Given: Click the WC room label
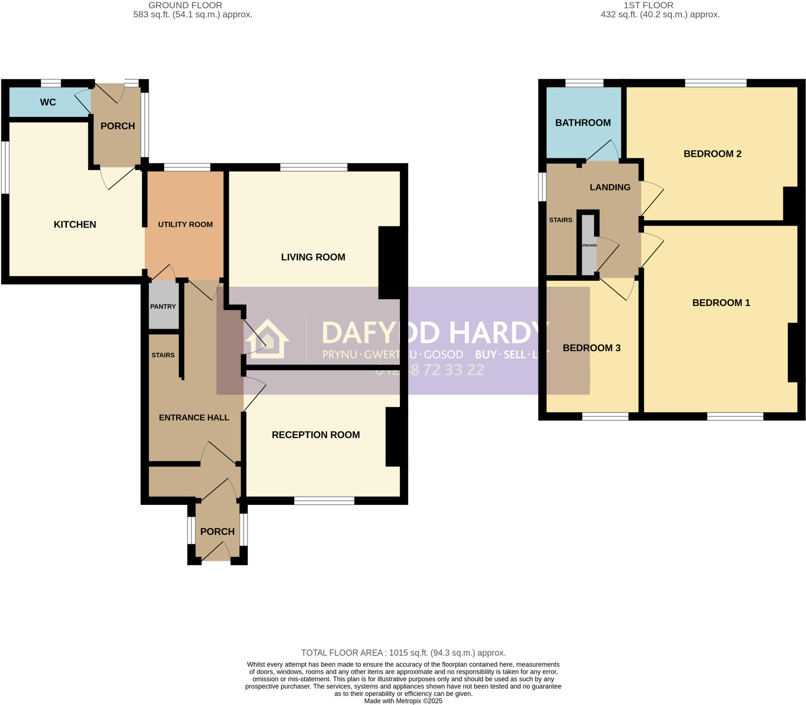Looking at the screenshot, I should (x=48, y=102).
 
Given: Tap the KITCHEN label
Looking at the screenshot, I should (x=75, y=224).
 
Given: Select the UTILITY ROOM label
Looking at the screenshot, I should (x=185, y=224).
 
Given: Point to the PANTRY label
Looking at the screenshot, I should (x=163, y=306).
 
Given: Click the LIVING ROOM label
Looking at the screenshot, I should (x=313, y=257).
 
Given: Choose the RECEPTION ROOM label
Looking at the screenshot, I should (x=316, y=435).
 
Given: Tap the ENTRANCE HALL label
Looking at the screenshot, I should (x=194, y=417).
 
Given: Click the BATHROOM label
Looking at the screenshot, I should (x=583, y=123).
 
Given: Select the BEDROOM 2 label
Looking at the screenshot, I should (x=712, y=154).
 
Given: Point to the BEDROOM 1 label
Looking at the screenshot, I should (x=721, y=303).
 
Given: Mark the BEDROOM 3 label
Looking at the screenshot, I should (x=592, y=348).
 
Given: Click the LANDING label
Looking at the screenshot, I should (x=610, y=187).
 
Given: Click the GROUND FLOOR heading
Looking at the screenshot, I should (x=185, y=6).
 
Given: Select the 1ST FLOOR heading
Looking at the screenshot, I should (x=648, y=6).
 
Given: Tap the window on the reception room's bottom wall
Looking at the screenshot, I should (x=324, y=501).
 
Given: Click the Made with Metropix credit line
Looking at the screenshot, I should (x=403, y=701).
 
